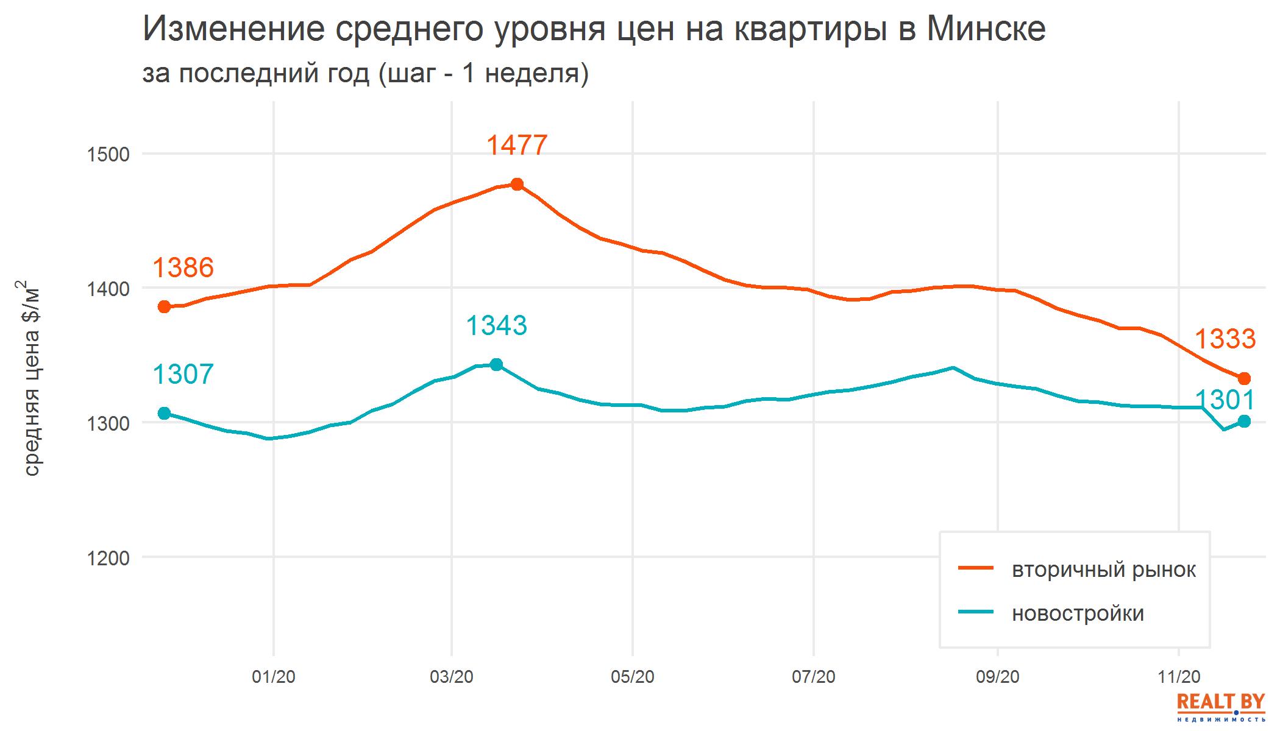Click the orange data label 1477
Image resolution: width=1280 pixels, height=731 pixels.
pos(517,146)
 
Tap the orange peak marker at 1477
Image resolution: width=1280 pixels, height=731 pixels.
pos(517,184)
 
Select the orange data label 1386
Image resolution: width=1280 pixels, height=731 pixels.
pos(183,268)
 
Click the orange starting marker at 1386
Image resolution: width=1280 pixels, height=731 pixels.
pos(165,306)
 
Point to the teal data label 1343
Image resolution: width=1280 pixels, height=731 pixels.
pos(496,326)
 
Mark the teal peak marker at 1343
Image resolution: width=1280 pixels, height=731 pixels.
pos(496,364)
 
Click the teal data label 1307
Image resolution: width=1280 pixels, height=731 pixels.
pos(183,375)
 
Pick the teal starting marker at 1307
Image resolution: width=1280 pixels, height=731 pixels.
pos(165,413)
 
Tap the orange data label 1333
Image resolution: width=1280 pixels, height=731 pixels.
pos(1225,339)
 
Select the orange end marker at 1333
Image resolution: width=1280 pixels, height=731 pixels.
pos(1244,378)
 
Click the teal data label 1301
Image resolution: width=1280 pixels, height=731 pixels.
pos(1225,400)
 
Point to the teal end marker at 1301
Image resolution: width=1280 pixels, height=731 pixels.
pos(1244,421)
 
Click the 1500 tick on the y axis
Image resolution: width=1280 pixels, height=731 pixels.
pos(108,155)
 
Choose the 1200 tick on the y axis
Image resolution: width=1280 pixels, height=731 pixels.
pos(108,558)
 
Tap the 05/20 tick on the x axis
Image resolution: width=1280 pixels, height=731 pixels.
pos(632,677)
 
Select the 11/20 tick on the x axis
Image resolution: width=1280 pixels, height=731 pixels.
pos(1178,677)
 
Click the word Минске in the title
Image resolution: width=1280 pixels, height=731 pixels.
pos(986,29)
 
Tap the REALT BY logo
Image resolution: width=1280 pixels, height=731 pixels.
pos(1220,707)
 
